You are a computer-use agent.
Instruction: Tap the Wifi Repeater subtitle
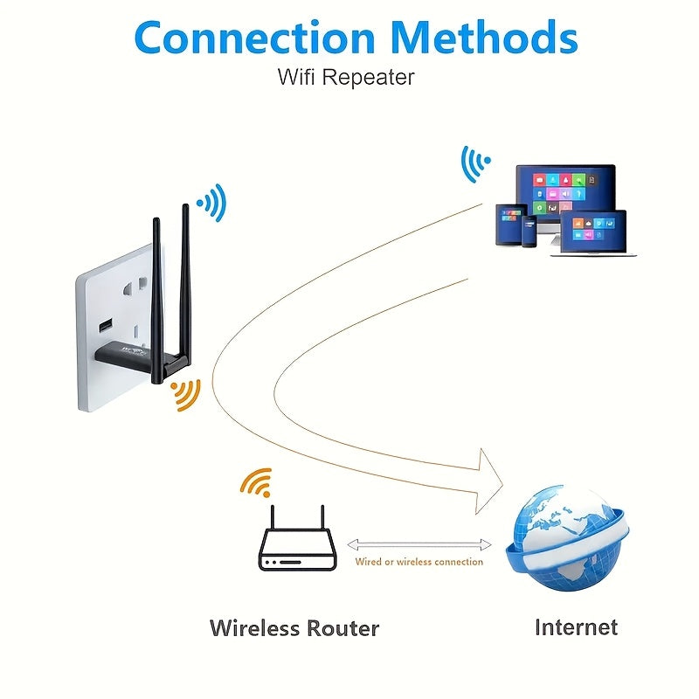[346, 77]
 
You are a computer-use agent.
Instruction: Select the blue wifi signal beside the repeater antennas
[212, 204]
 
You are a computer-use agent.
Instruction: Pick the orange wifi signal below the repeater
[185, 394]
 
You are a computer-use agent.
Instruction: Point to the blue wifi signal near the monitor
[474, 163]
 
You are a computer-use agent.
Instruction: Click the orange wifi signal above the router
[256, 483]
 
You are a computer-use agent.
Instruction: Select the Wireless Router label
[294, 627]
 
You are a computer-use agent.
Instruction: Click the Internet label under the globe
[576, 626]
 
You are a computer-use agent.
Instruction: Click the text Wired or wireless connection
[419, 562]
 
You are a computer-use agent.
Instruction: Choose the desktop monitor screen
[564, 194]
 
